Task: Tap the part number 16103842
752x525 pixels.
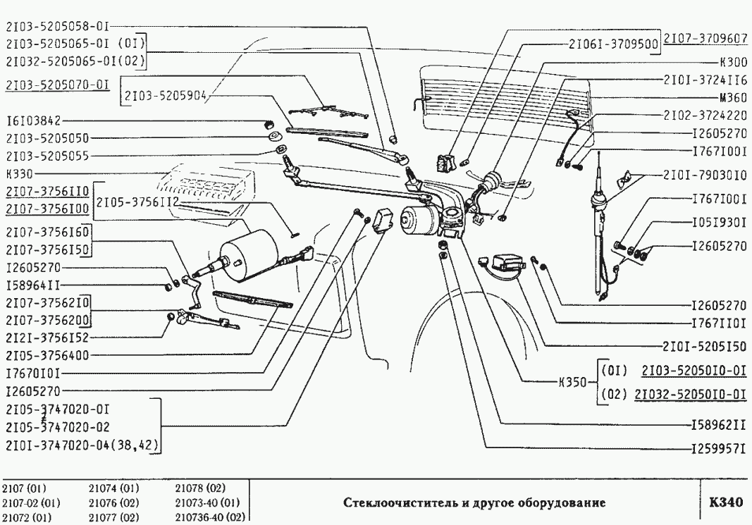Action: point(36,121)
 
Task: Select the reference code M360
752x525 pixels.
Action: point(732,97)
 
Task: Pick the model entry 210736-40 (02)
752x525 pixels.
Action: point(208,517)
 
